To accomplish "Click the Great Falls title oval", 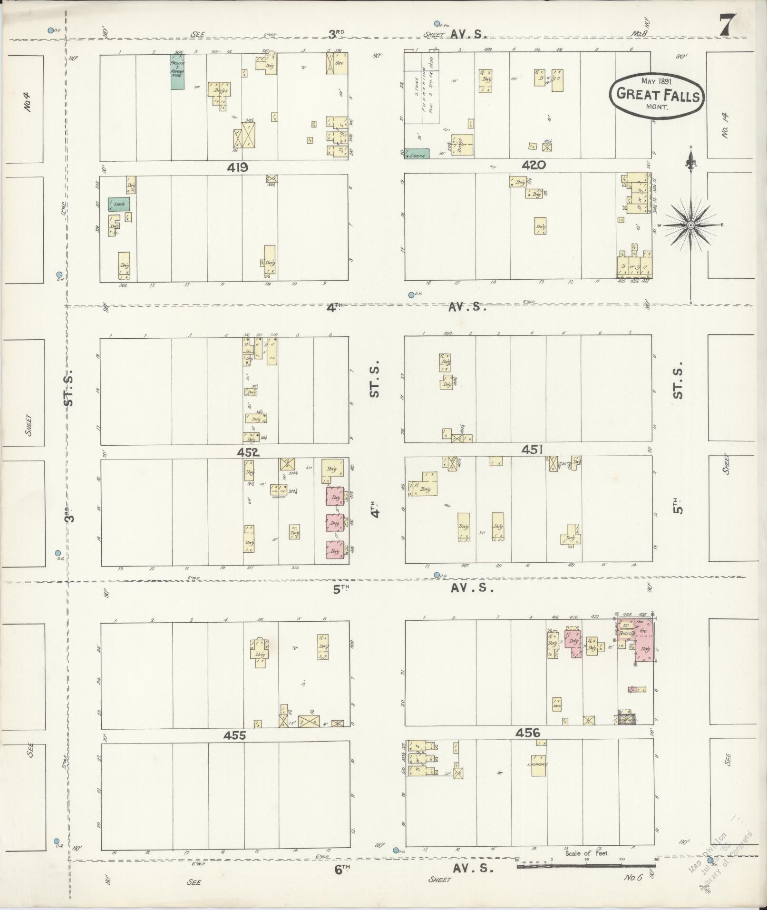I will [x=657, y=94].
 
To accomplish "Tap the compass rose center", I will [x=690, y=225].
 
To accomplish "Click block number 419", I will [x=237, y=167].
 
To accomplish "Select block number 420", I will [x=533, y=166].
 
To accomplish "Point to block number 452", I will [x=250, y=452].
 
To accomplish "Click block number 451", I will [x=532, y=450].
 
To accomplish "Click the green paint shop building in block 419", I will [x=177, y=72].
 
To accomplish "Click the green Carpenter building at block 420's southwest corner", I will [x=417, y=154].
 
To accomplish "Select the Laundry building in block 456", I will [x=539, y=765].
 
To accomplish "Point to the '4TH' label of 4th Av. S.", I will [x=334, y=308].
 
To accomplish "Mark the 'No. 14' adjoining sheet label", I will [x=725, y=125].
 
